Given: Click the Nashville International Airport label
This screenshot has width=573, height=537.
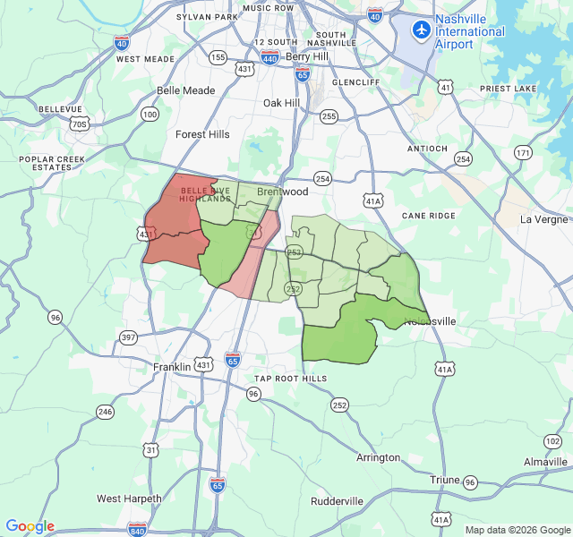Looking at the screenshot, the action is coord(469,31).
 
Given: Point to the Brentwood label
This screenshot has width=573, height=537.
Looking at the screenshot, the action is coord(282,192).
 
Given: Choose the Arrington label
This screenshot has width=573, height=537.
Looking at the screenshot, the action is coord(378,457).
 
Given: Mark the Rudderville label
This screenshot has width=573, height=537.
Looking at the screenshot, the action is coord(337,501).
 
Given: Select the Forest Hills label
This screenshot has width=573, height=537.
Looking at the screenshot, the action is coord(202,134).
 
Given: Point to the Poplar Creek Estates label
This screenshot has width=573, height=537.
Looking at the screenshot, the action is coord(45,163).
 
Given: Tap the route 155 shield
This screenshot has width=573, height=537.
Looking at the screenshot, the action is coord(218,57).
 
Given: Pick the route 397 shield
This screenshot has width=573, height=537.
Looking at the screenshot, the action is coord(128,337).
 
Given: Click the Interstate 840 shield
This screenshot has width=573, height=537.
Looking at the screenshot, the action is coord(137,529).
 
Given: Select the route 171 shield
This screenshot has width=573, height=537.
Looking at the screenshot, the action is coord(522,153).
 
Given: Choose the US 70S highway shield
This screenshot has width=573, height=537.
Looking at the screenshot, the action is coord(79,124).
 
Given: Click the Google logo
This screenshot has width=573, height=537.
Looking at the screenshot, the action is coord(30,526).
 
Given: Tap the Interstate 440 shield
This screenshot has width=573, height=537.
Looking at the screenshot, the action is coord(269,58).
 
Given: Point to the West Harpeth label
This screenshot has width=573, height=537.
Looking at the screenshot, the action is coord(129,499).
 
